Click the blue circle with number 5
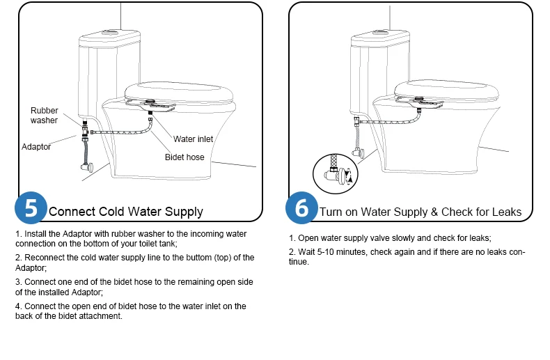coord(31,208)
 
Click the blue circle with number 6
coord(301,208)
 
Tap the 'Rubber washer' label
coord(44,116)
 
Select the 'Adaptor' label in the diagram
coord(36,147)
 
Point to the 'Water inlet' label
coord(193,139)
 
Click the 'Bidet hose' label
coord(184,157)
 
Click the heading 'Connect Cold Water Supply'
coord(126,212)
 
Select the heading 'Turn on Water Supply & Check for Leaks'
coord(420,212)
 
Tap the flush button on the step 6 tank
coord(380,31)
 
